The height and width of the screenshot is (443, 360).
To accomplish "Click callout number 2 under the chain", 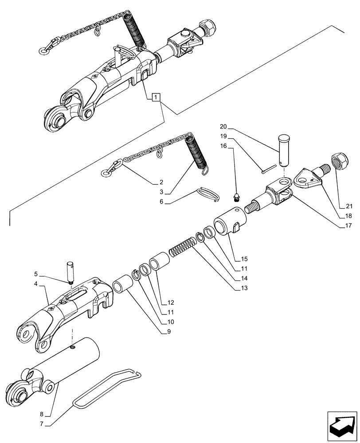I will coord(161,182).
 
